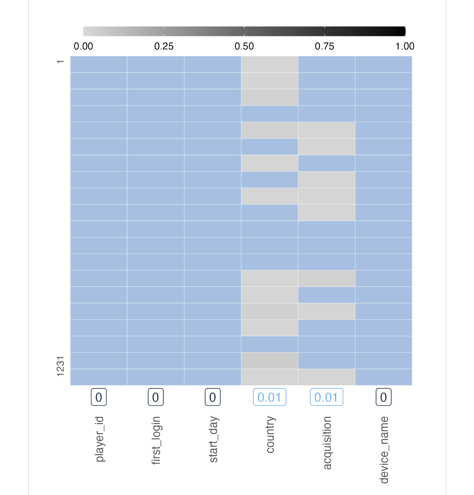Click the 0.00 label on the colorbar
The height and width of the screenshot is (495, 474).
click(x=83, y=46)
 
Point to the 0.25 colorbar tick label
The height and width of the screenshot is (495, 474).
click(x=164, y=46)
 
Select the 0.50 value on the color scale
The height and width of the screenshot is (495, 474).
click(x=244, y=46)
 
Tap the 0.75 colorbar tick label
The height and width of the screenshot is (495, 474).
click(x=325, y=46)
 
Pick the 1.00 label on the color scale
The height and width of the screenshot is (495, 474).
click(x=405, y=46)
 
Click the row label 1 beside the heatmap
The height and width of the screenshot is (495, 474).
click(x=60, y=62)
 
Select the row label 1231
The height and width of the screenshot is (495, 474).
click(x=60, y=366)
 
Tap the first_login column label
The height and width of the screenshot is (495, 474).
click(x=156, y=440)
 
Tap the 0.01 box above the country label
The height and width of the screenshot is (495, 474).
click(x=270, y=397)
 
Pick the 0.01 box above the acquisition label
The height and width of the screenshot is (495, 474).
click(x=326, y=397)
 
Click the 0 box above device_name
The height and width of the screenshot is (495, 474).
click(x=384, y=397)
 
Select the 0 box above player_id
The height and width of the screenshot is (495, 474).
click(x=99, y=397)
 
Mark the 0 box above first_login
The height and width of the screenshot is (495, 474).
click(x=156, y=397)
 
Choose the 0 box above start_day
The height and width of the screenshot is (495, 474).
click(x=213, y=397)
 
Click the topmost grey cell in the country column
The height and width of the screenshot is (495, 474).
click(x=270, y=64)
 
